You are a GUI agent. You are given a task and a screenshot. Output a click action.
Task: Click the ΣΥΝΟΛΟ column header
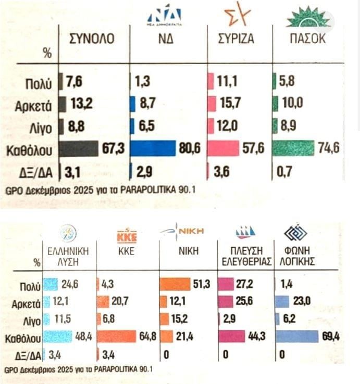92,40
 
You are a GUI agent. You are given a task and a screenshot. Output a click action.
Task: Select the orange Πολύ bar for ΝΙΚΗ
175,284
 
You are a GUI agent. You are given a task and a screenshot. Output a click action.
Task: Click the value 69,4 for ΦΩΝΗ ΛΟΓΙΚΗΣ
330,337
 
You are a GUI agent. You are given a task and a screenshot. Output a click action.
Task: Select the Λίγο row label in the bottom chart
30,319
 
